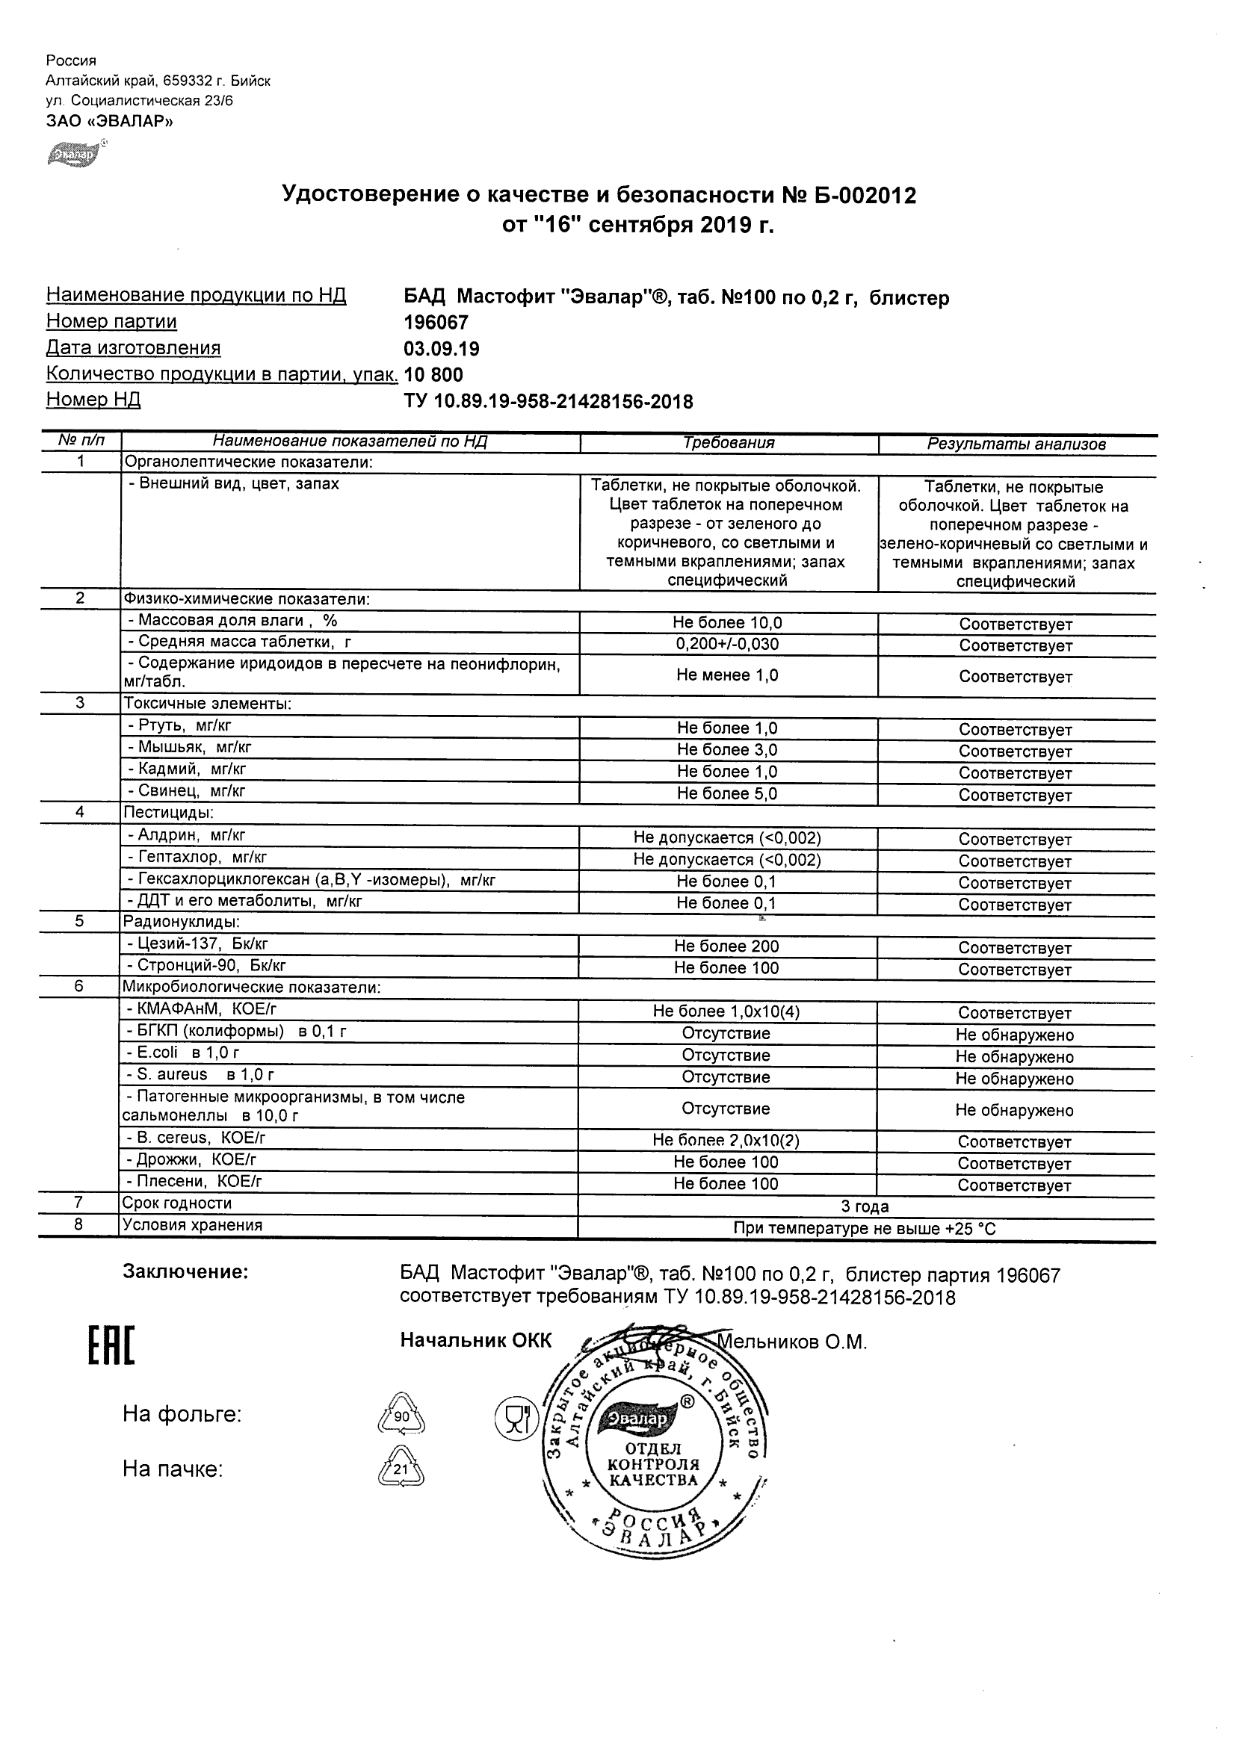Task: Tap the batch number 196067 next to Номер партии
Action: tap(436, 323)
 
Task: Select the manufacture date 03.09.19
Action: tap(441, 349)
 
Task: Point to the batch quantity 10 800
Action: tap(433, 374)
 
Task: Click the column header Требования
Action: tap(728, 443)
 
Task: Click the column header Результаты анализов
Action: tap(1016, 444)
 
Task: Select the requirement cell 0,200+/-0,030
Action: tap(727, 644)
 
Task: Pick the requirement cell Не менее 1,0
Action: tap(727, 675)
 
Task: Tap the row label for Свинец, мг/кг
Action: tap(187, 791)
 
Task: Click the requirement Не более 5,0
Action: tap(727, 793)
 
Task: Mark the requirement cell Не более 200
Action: tap(726, 946)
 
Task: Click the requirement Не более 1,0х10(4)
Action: tap(726, 1011)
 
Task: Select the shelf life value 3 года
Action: tap(865, 1206)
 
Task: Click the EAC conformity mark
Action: tap(111, 1345)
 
